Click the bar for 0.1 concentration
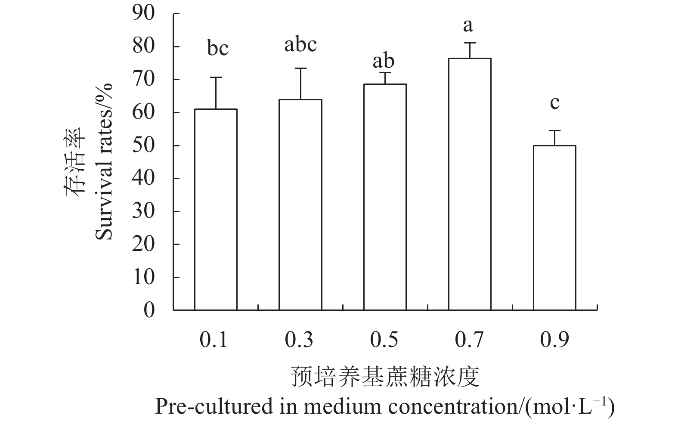(216, 210)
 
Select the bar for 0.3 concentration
(300, 205)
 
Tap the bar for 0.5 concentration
(385, 197)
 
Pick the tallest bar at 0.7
(470, 184)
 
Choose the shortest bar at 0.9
(554, 228)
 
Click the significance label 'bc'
(218, 48)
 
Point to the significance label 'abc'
(300, 44)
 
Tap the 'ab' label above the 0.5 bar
(383, 61)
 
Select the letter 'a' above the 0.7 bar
(468, 26)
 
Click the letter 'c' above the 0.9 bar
(555, 103)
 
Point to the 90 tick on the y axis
(143, 13)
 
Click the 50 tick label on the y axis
(143, 145)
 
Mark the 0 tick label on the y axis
(149, 310)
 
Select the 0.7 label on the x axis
(469, 340)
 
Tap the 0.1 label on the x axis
(214, 340)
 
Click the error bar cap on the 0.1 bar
(216, 77)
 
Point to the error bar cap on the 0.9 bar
(554, 130)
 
